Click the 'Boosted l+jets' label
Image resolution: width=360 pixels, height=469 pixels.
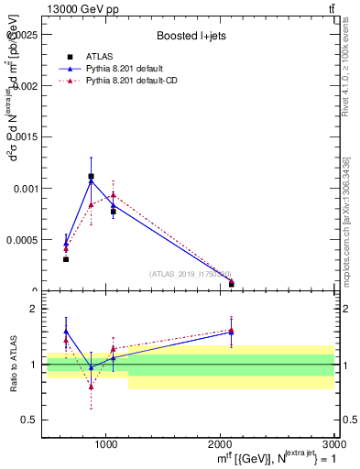click(x=191, y=36)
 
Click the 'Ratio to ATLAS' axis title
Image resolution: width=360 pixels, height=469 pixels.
click(x=14, y=365)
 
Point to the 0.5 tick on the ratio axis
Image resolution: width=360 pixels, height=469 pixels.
click(x=29, y=420)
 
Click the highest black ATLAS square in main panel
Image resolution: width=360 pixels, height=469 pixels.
click(x=91, y=176)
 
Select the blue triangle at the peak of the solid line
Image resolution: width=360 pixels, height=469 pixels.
click(x=91, y=181)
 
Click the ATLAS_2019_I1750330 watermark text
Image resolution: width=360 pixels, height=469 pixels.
click(x=190, y=274)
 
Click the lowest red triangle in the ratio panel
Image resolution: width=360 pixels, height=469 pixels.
click(x=91, y=387)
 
